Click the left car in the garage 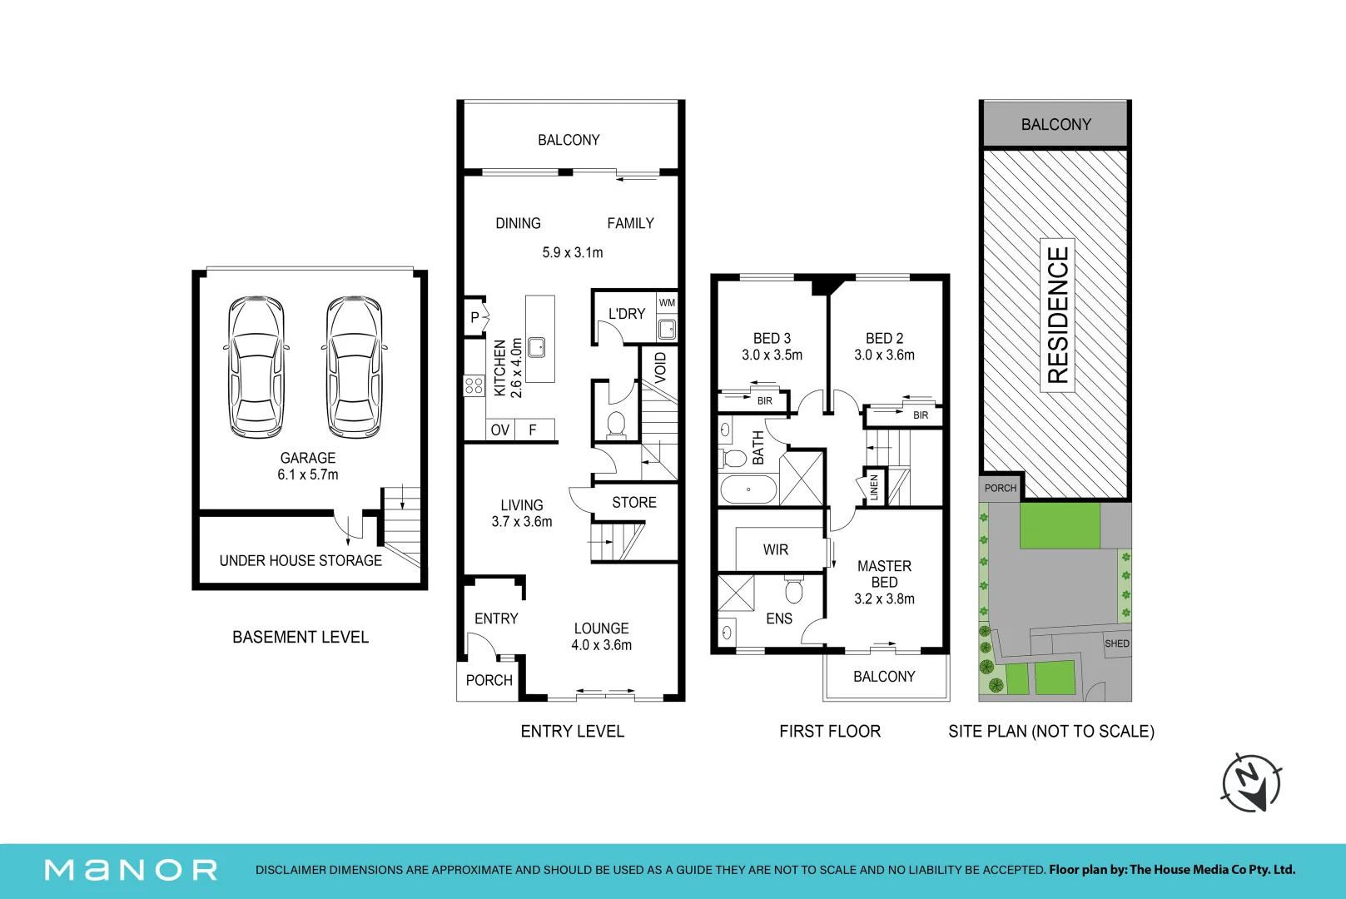[x=256, y=366]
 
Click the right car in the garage [x=355, y=366]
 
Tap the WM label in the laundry [x=667, y=303]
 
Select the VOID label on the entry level [x=660, y=368]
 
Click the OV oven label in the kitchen [x=500, y=430]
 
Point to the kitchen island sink [x=536, y=347]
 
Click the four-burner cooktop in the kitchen [x=474, y=385]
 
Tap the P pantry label [x=474, y=316]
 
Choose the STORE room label [x=634, y=503]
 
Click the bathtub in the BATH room [x=748, y=489]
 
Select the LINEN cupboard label [x=874, y=487]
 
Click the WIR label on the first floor [x=775, y=549]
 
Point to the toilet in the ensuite [x=794, y=589]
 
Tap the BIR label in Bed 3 [x=764, y=401]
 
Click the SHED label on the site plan [x=1117, y=643]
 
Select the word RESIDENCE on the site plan [x=1057, y=315]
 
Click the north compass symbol [x=1252, y=783]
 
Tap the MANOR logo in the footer [x=131, y=870]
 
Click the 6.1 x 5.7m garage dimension [x=308, y=474]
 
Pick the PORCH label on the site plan [x=1001, y=488]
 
